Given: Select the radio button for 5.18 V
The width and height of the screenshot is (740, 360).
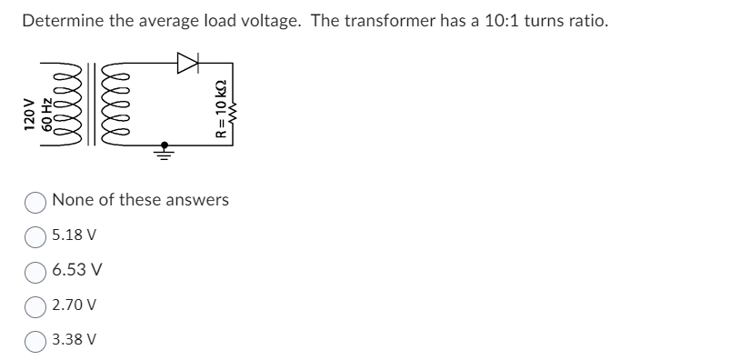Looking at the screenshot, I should click(37, 235).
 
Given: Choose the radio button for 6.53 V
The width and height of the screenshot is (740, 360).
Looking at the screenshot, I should click(37, 270).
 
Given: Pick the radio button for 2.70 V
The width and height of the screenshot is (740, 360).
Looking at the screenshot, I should click(37, 305).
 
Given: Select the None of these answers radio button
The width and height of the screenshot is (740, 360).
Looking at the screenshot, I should click(37, 200).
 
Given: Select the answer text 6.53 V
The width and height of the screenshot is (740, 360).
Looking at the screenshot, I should click(77, 270).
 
